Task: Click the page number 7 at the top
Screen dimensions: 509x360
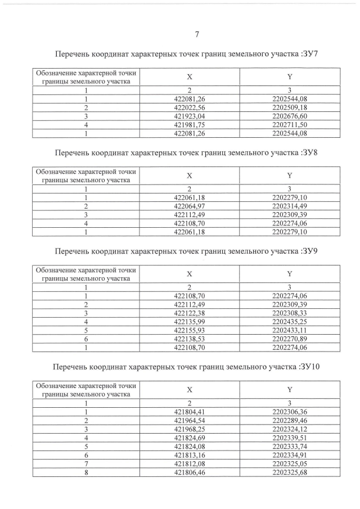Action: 197,35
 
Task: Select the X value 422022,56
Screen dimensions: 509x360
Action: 190,107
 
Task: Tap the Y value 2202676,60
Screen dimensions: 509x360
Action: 289,116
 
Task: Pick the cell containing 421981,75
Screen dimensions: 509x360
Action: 190,125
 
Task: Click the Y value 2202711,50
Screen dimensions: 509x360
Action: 289,125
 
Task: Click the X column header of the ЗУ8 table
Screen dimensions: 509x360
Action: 190,175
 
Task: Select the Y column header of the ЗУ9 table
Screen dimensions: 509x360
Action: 289,274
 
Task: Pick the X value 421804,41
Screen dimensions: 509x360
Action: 190,412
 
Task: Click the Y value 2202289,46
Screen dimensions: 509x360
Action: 289,421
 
